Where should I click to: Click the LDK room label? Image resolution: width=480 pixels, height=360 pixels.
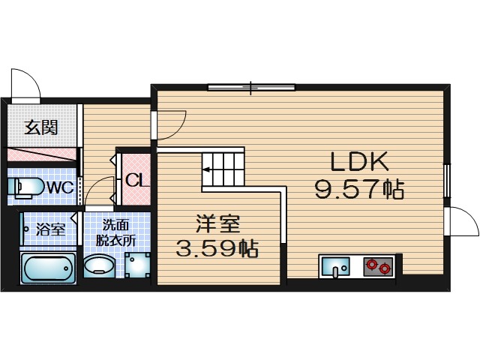pyautogui.click(x=359, y=161)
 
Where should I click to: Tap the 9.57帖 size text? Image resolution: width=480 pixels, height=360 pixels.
pyautogui.click(x=360, y=190)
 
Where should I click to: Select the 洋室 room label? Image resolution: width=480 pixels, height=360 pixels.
pyautogui.click(x=218, y=224)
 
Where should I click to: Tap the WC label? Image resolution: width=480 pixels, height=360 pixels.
pyautogui.click(x=60, y=187)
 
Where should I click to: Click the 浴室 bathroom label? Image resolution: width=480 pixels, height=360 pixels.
pyautogui.click(x=50, y=229)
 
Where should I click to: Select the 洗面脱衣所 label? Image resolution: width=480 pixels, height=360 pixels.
pyautogui.click(x=115, y=232)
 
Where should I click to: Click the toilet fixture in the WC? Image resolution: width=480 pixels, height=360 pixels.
pyautogui.click(x=25, y=187)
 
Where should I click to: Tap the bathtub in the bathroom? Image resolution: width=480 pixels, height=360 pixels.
pyautogui.click(x=48, y=268)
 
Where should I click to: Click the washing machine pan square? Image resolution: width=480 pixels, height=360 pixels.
pyautogui.click(x=137, y=265)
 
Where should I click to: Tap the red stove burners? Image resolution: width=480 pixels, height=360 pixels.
pyautogui.click(x=378, y=266)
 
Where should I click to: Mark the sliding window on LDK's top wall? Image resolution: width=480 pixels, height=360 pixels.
pyautogui.click(x=251, y=88)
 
